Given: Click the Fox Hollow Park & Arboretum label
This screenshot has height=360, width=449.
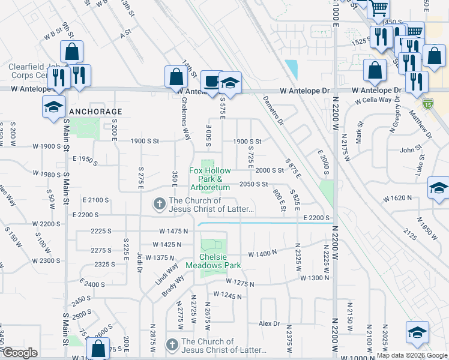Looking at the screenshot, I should point(210,179).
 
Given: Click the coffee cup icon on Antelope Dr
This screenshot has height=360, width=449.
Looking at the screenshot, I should point(211,82).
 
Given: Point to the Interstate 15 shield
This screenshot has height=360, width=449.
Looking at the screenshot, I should point(427,103).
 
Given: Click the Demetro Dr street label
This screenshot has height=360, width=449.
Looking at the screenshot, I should point(273,111).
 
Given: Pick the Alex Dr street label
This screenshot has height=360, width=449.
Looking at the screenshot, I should point(270,323).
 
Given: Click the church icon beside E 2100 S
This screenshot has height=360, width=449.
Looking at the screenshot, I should point(159,205).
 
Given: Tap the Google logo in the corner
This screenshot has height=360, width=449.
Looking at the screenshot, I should point(20,353).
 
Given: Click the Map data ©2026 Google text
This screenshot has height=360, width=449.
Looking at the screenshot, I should point(412,355).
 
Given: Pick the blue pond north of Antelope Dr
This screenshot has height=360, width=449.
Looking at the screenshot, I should point(292,70).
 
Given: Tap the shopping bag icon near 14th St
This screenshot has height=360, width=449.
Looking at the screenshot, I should point(176,77).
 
